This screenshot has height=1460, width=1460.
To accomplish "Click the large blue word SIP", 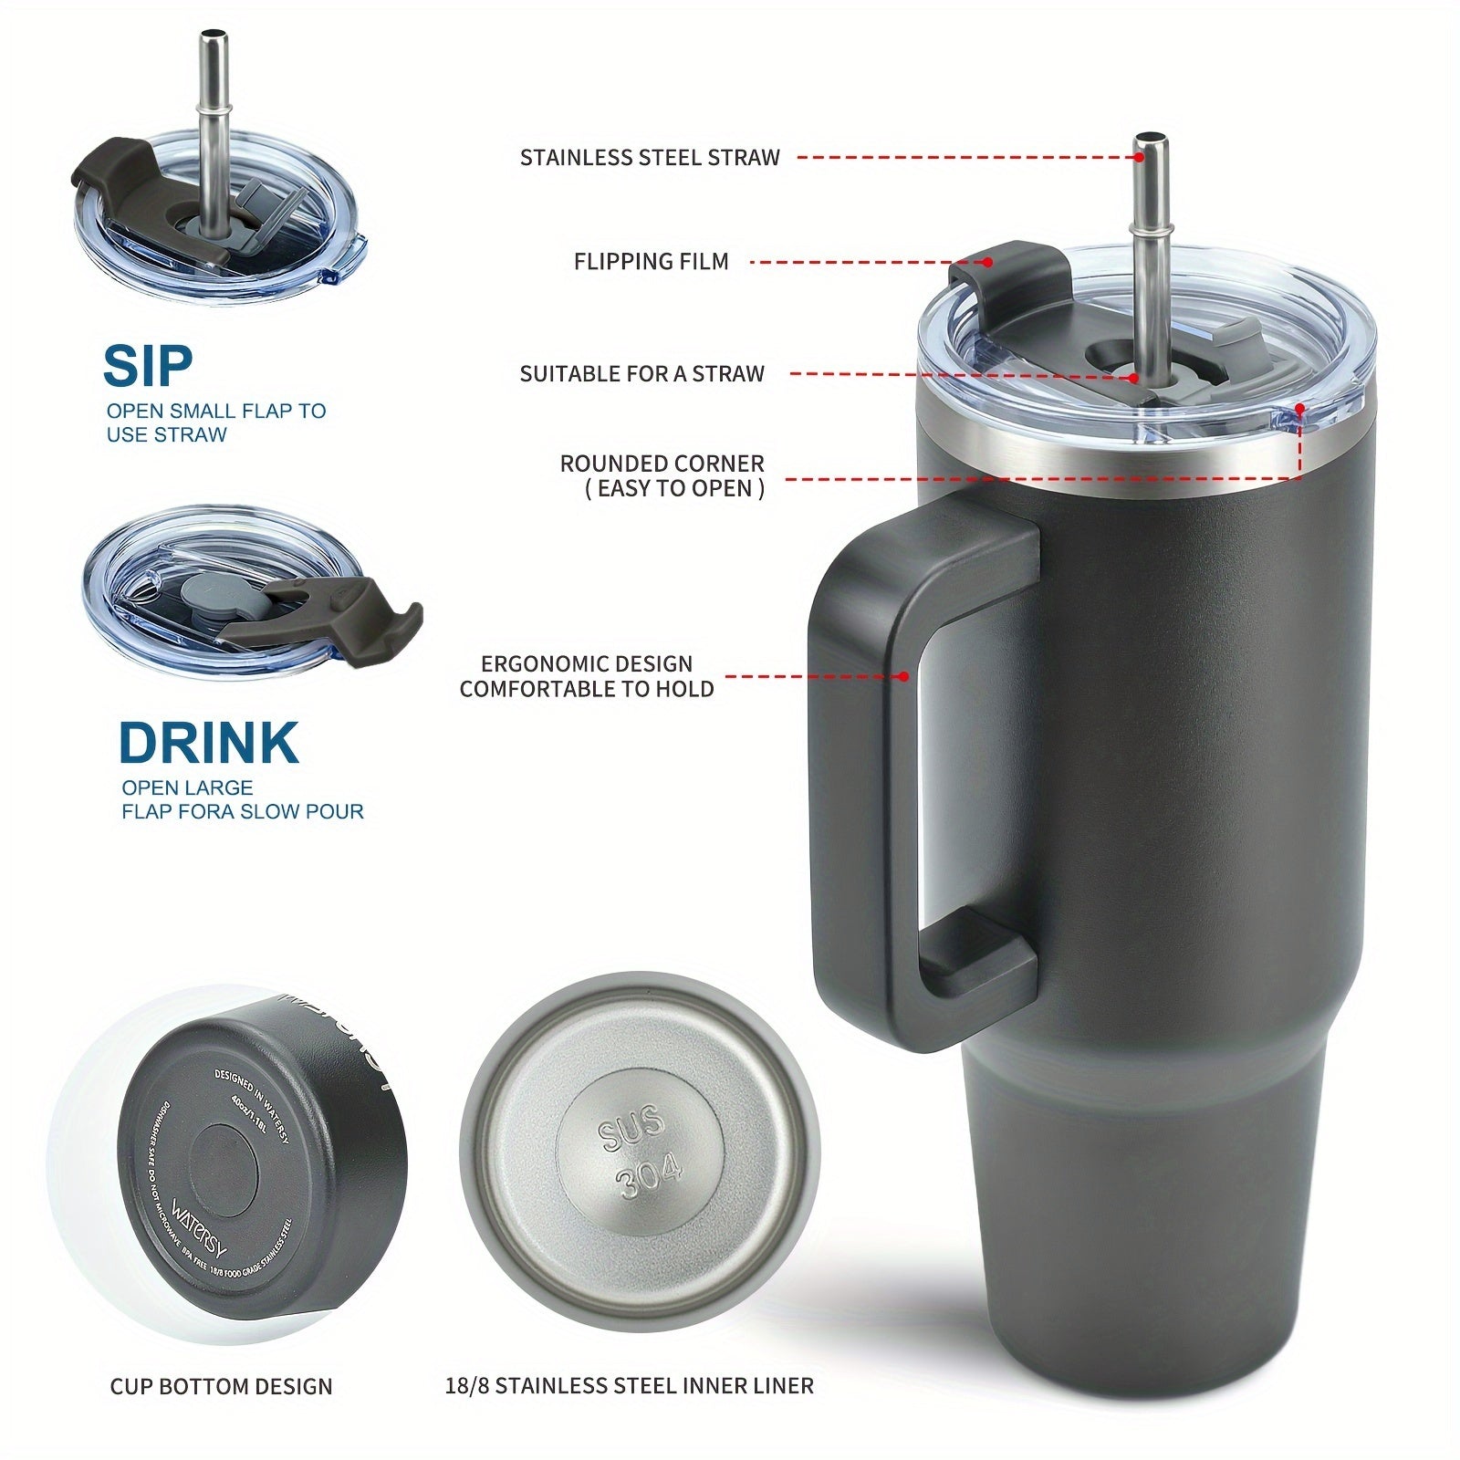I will coord(148,366).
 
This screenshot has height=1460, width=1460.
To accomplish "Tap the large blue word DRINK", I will coord(208,743).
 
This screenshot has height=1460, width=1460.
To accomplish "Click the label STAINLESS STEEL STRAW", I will coord(650,158).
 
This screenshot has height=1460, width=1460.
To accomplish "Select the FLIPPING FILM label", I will coord(651,262).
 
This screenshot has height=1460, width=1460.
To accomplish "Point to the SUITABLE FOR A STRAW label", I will coord(641,374).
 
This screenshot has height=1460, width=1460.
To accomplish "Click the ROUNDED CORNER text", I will coord(662,464).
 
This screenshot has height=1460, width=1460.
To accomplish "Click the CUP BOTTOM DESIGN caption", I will coord(221,1387).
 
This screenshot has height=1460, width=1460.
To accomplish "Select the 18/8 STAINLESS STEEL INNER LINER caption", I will coord(629,1386).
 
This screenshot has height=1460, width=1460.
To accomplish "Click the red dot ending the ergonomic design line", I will coord(903,676).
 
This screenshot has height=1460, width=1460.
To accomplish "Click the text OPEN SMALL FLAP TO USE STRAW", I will coord(215,422).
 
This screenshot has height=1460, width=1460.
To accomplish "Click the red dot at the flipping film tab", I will coord(988,262).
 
